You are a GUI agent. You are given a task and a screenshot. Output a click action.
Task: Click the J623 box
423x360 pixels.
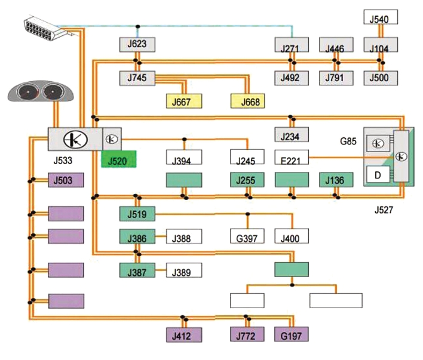(137, 44)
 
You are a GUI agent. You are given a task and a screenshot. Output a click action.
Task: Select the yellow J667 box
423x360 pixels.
(185, 101)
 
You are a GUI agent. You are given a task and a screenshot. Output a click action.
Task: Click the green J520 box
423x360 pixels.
(119, 159)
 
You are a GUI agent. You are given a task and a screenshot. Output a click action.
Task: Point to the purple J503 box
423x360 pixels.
(65, 180)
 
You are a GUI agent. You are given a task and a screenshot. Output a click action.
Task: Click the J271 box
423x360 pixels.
(291, 45)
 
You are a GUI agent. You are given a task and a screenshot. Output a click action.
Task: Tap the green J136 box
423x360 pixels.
(336, 180)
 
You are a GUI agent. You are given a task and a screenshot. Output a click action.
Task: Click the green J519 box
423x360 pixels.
(137, 213)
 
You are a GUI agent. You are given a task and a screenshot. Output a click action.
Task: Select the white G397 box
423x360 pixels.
(247, 238)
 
